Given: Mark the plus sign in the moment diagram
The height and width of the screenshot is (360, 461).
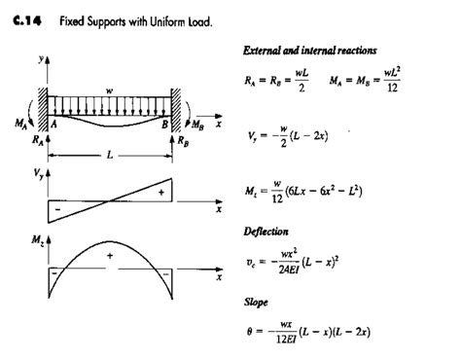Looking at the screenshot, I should point(110,256).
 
